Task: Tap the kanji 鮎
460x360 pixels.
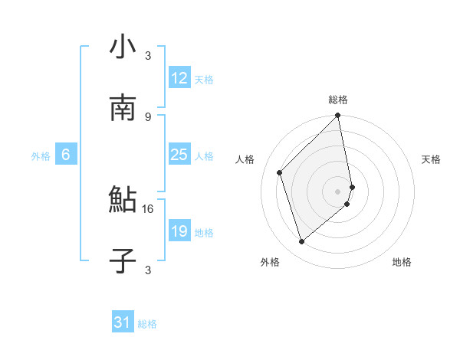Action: coord(123,201)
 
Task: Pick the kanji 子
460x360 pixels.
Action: coord(123,261)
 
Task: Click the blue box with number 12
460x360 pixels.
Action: coord(179,79)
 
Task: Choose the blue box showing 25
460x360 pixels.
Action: coord(179,155)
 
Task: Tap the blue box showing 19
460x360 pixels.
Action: coord(179,232)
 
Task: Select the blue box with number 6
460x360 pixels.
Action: coord(66,155)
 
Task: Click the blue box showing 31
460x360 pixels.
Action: coord(123,323)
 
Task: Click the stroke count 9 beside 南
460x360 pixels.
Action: coord(148,116)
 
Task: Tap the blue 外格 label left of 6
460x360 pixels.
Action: coord(41,156)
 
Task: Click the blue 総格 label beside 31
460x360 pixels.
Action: coord(147,324)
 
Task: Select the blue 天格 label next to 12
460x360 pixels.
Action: coord(204,80)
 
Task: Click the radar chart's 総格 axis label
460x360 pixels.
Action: coord(338,100)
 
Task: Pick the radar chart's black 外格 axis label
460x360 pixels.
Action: coord(270,263)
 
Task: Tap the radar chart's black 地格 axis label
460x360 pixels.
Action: coord(402,263)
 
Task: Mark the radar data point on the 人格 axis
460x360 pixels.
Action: coord(280,172)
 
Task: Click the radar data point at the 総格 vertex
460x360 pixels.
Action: coord(338,116)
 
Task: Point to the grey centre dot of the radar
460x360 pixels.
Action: coord(338,191)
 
